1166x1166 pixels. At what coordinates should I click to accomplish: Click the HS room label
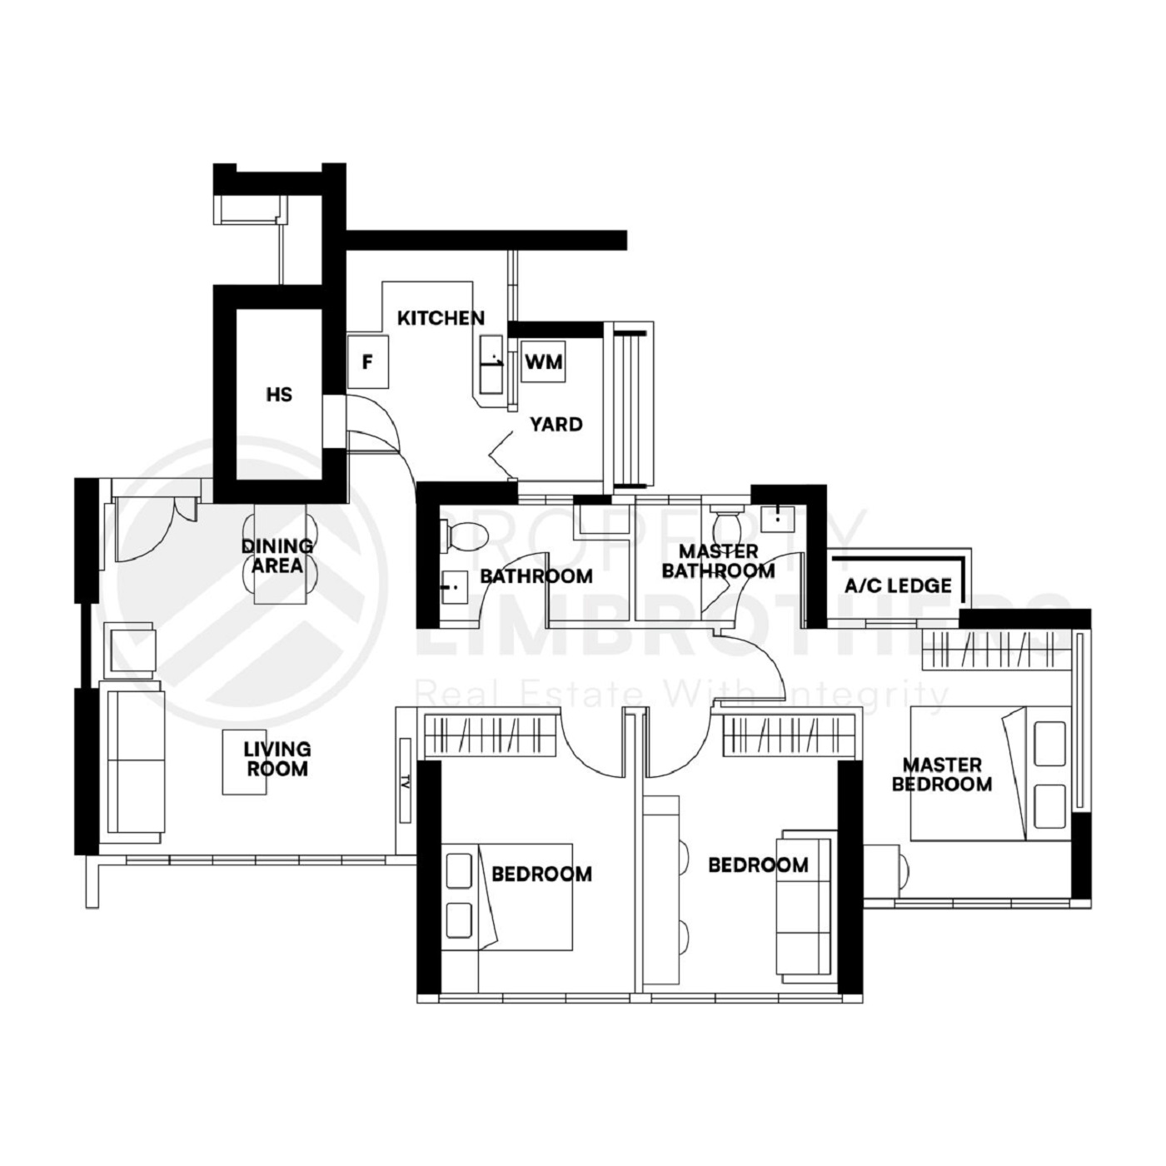tap(279, 394)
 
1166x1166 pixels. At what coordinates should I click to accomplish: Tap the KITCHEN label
tap(441, 318)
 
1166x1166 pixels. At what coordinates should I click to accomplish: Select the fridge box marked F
tap(366, 362)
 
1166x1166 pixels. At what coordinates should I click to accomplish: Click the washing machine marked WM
tap(543, 362)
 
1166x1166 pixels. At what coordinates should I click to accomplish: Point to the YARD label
tap(556, 425)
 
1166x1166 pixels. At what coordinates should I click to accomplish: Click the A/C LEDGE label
tap(898, 585)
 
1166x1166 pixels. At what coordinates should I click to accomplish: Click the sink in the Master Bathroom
tap(777, 517)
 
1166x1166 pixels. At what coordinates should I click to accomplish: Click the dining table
tap(279, 554)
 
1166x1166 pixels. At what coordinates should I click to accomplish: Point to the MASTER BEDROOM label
tap(942, 775)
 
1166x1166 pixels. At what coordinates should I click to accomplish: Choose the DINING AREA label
tap(277, 556)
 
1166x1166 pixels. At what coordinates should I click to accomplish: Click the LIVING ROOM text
tap(277, 759)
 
